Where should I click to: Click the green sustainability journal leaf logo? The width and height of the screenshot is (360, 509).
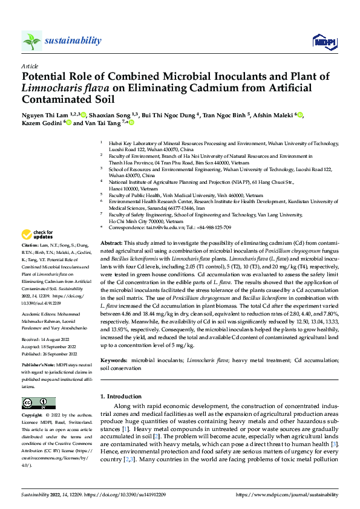pyautogui.click(x=32, y=41)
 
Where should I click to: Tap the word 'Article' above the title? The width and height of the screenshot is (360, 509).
pyautogui.click(x=30, y=66)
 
